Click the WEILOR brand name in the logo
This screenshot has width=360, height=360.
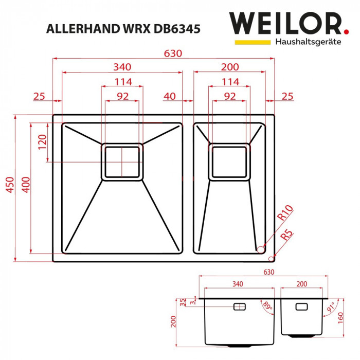(285, 24)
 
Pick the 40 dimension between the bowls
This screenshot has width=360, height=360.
(170, 96)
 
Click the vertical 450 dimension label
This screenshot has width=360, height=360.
(9, 188)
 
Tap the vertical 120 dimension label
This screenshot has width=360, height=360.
(42, 141)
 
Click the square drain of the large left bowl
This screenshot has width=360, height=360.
(121, 161)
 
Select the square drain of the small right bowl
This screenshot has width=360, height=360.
(230, 161)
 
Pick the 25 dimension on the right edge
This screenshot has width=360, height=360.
(287, 96)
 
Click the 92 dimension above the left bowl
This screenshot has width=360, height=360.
(122, 96)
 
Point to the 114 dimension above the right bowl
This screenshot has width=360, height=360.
(230, 82)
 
